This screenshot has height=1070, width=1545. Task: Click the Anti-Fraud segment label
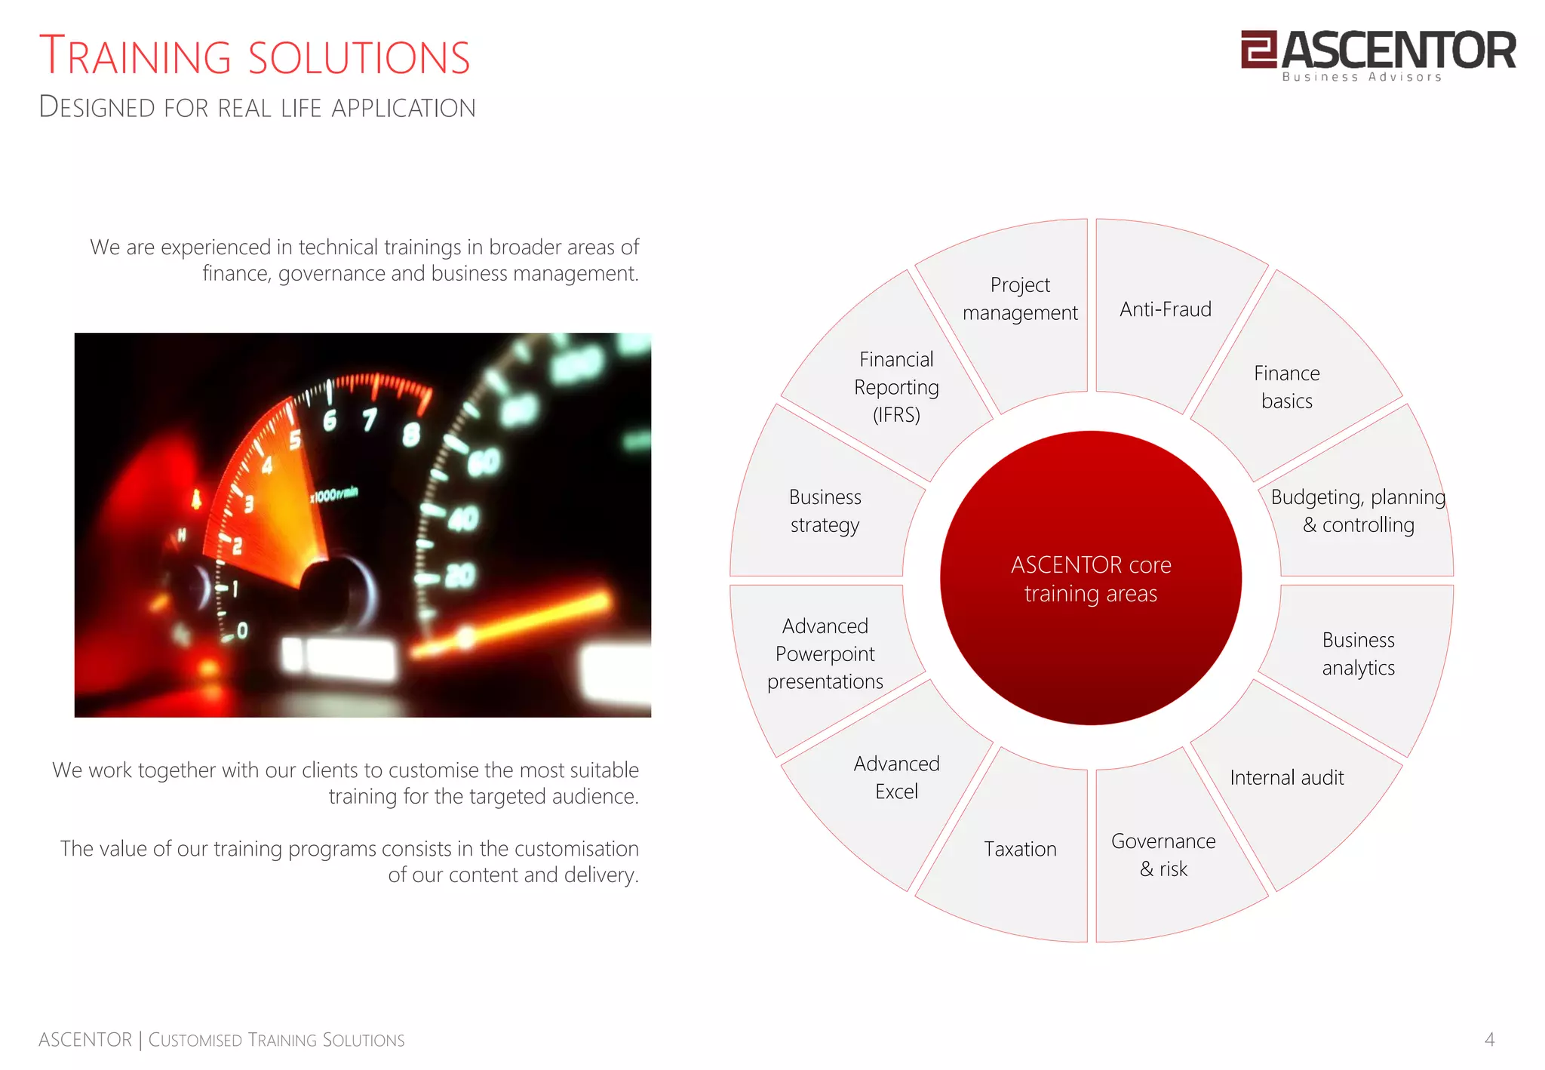(x=1165, y=309)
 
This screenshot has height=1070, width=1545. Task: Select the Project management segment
(x=1020, y=299)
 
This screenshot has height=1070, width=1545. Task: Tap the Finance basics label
(x=1286, y=387)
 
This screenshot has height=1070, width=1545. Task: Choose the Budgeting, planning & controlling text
(x=1358, y=511)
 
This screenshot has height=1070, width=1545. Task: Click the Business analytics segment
(x=1358, y=653)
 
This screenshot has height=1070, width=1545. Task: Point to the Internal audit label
(x=1286, y=778)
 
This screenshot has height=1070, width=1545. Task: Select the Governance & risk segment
(x=1163, y=855)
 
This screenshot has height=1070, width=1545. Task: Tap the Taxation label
(x=1020, y=850)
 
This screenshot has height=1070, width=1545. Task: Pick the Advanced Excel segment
(x=896, y=778)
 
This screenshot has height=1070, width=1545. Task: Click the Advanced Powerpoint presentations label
(x=825, y=653)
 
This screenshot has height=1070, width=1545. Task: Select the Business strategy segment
(x=825, y=511)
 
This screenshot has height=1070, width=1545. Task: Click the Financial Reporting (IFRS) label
(x=896, y=387)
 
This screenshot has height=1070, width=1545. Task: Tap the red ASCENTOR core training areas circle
(x=1090, y=579)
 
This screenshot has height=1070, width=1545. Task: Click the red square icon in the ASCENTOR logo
(x=1258, y=49)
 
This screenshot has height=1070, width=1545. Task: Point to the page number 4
(x=1489, y=1040)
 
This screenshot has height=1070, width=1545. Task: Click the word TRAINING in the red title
(x=135, y=57)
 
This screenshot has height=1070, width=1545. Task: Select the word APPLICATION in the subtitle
(x=404, y=108)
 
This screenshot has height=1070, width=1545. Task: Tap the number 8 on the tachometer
(x=411, y=435)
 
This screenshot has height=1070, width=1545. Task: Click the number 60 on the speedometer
(x=484, y=461)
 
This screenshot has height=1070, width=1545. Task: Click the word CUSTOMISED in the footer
(x=195, y=1040)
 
